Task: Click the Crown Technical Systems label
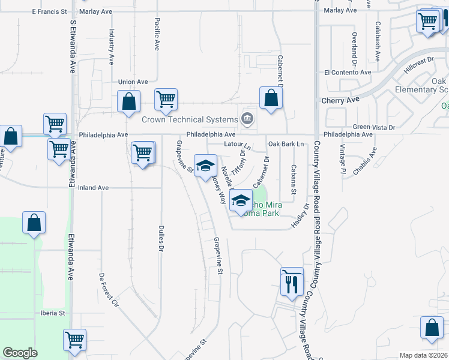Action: click(x=190, y=120)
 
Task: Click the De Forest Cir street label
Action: click(x=109, y=292)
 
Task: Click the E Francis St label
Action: click(x=49, y=11)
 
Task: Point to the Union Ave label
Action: click(x=133, y=82)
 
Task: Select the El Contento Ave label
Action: click(x=348, y=72)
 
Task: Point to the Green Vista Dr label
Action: click(x=374, y=127)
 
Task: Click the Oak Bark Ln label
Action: click(x=287, y=144)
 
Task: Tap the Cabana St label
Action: click(x=294, y=179)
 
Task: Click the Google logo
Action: click(x=20, y=353)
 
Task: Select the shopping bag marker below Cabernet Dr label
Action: click(x=271, y=99)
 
